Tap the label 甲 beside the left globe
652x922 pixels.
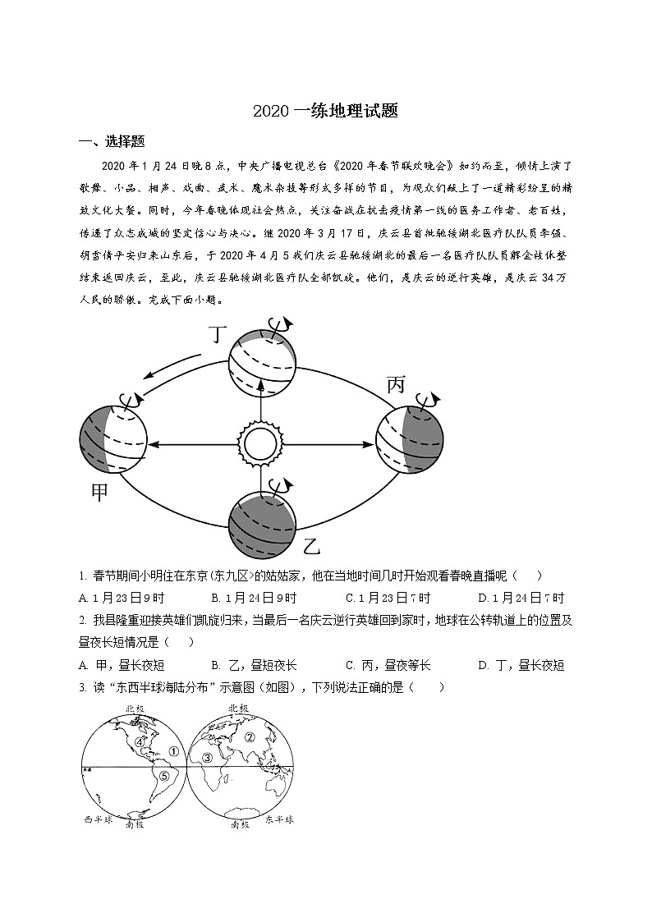click(99, 493)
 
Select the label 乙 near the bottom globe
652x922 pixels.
click(311, 544)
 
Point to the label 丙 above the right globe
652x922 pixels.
click(397, 383)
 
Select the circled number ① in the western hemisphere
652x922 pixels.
click(173, 750)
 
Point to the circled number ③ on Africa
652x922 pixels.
click(208, 757)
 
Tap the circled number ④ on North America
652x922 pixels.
click(140, 741)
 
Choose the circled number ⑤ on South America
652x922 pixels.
click(163, 776)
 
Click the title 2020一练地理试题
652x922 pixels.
click(325, 112)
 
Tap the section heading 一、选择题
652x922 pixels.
click(112, 140)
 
